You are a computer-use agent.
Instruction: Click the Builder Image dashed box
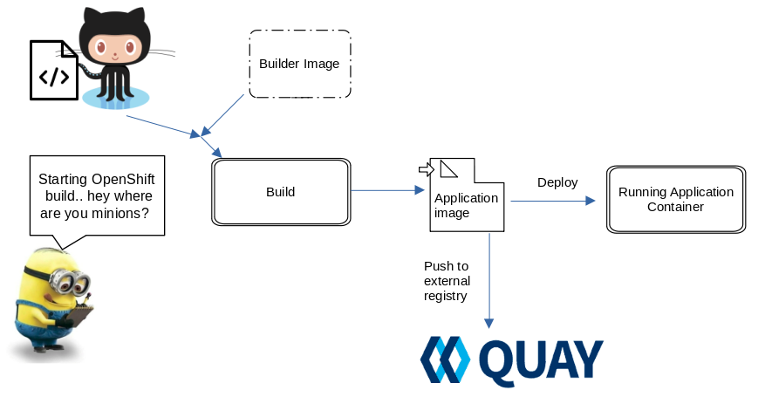tap(299, 64)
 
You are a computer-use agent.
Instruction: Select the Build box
tap(280, 192)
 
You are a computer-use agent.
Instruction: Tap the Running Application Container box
tap(676, 199)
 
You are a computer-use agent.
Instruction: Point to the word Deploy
tap(557, 182)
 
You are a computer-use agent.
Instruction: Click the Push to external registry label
tap(447, 281)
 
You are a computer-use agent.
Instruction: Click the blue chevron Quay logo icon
tap(445, 361)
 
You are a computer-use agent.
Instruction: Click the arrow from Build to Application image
tap(384, 190)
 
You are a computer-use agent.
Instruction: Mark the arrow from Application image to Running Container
tap(552, 201)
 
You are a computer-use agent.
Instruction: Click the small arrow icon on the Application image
tap(426, 168)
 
